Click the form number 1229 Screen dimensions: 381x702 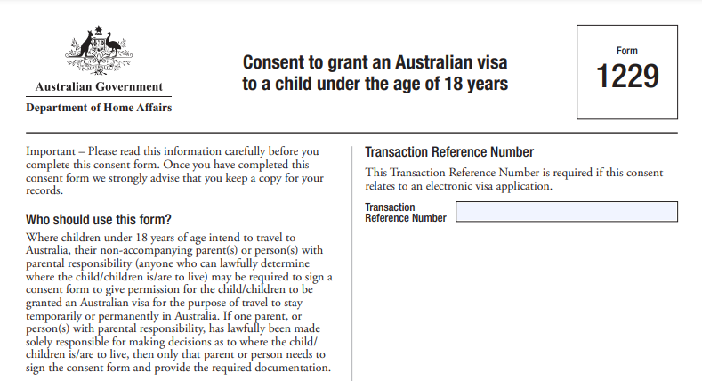coord(627,77)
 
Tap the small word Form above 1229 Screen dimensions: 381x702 coord(626,51)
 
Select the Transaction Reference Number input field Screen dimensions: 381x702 coord(567,212)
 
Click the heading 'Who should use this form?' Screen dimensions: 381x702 coord(99,220)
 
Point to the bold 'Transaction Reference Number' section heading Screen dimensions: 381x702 coord(449,152)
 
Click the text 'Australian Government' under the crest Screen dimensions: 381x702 coord(99,87)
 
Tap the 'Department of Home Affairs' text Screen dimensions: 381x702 coord(99,108)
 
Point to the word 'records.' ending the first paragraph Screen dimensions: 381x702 coord(44,190)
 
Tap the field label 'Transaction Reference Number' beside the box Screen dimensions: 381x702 coord(406,213)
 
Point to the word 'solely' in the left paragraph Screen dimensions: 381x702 coord(43,342)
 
